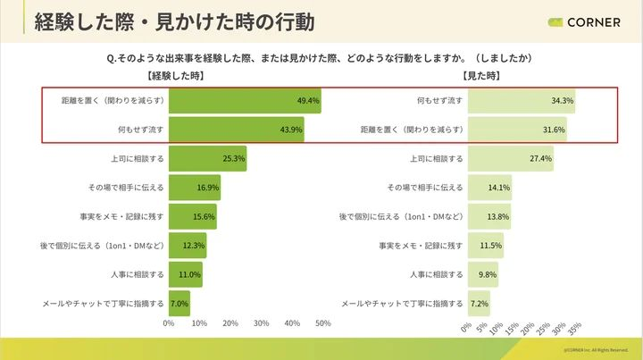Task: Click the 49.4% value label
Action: click(308, 101)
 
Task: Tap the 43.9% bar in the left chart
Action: click(237, 130)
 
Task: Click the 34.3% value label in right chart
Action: click(563, 101)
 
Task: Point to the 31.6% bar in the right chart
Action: click(517, 130)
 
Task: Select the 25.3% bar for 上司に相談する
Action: click(207, 158)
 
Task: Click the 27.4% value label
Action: click(541, 158)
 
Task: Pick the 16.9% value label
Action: click(207, 188)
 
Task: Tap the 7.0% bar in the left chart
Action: click(179, 303)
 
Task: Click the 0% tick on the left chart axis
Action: click(169, 322)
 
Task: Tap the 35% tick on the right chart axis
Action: click(573, 328)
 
